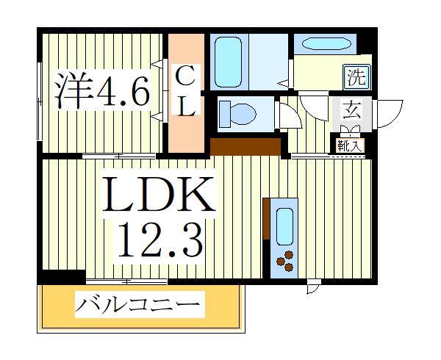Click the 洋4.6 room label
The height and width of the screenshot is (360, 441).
(x=102, y=91)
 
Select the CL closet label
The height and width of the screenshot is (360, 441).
(x=186, y=91)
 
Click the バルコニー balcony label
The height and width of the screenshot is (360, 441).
(x=139, y=303)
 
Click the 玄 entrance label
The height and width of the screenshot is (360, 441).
(x=352, y=112)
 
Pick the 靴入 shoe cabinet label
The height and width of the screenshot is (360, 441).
(x=351, y=145)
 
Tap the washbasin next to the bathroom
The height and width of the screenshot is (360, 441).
(x=325, y=43)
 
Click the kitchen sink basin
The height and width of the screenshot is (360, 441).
(x=284, y=222)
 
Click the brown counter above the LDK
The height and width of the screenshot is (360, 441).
(x=245, y=146)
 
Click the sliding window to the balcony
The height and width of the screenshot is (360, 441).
(x=126, y=280)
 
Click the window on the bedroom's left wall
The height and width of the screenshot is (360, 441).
(x=39, y=100)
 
